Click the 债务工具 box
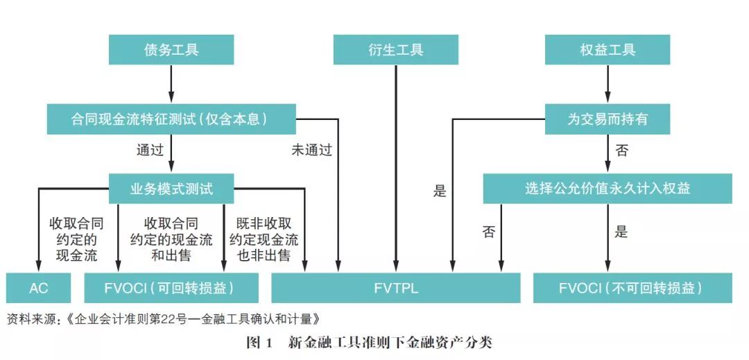click(171, 50)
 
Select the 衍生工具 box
click(395, 50)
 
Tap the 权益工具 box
click(608, 50)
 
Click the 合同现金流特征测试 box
click(171, 119)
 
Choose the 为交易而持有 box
click(608, 119)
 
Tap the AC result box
click(39, 288)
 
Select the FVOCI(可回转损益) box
click(171, 288)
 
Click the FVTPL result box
click(395, 288)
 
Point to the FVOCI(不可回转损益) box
click(632, 288)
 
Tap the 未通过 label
click(311, 150)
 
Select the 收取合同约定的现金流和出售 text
click(171, 240)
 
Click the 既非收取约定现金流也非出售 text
click(264, 240)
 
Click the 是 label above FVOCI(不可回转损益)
click(621, 232)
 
